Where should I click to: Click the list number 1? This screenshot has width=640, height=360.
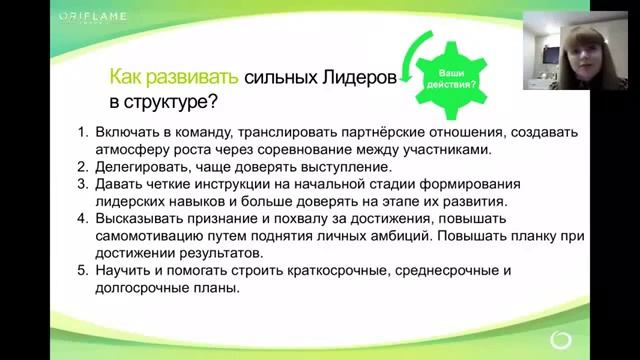tap(82, 131)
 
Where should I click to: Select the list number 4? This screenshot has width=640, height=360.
tap(82, 218)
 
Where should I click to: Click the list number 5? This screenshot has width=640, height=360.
tap(82, 270)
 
